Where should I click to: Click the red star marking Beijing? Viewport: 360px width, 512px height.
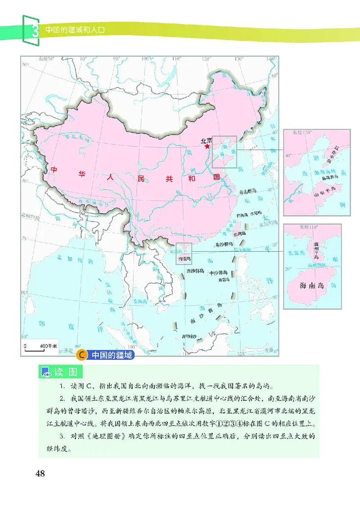pos(207,146)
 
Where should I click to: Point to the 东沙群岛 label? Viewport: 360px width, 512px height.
pos(224,245)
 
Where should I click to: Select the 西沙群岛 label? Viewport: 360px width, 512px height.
pos(195,271)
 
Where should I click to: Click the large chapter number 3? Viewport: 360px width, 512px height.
pos(33,32)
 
